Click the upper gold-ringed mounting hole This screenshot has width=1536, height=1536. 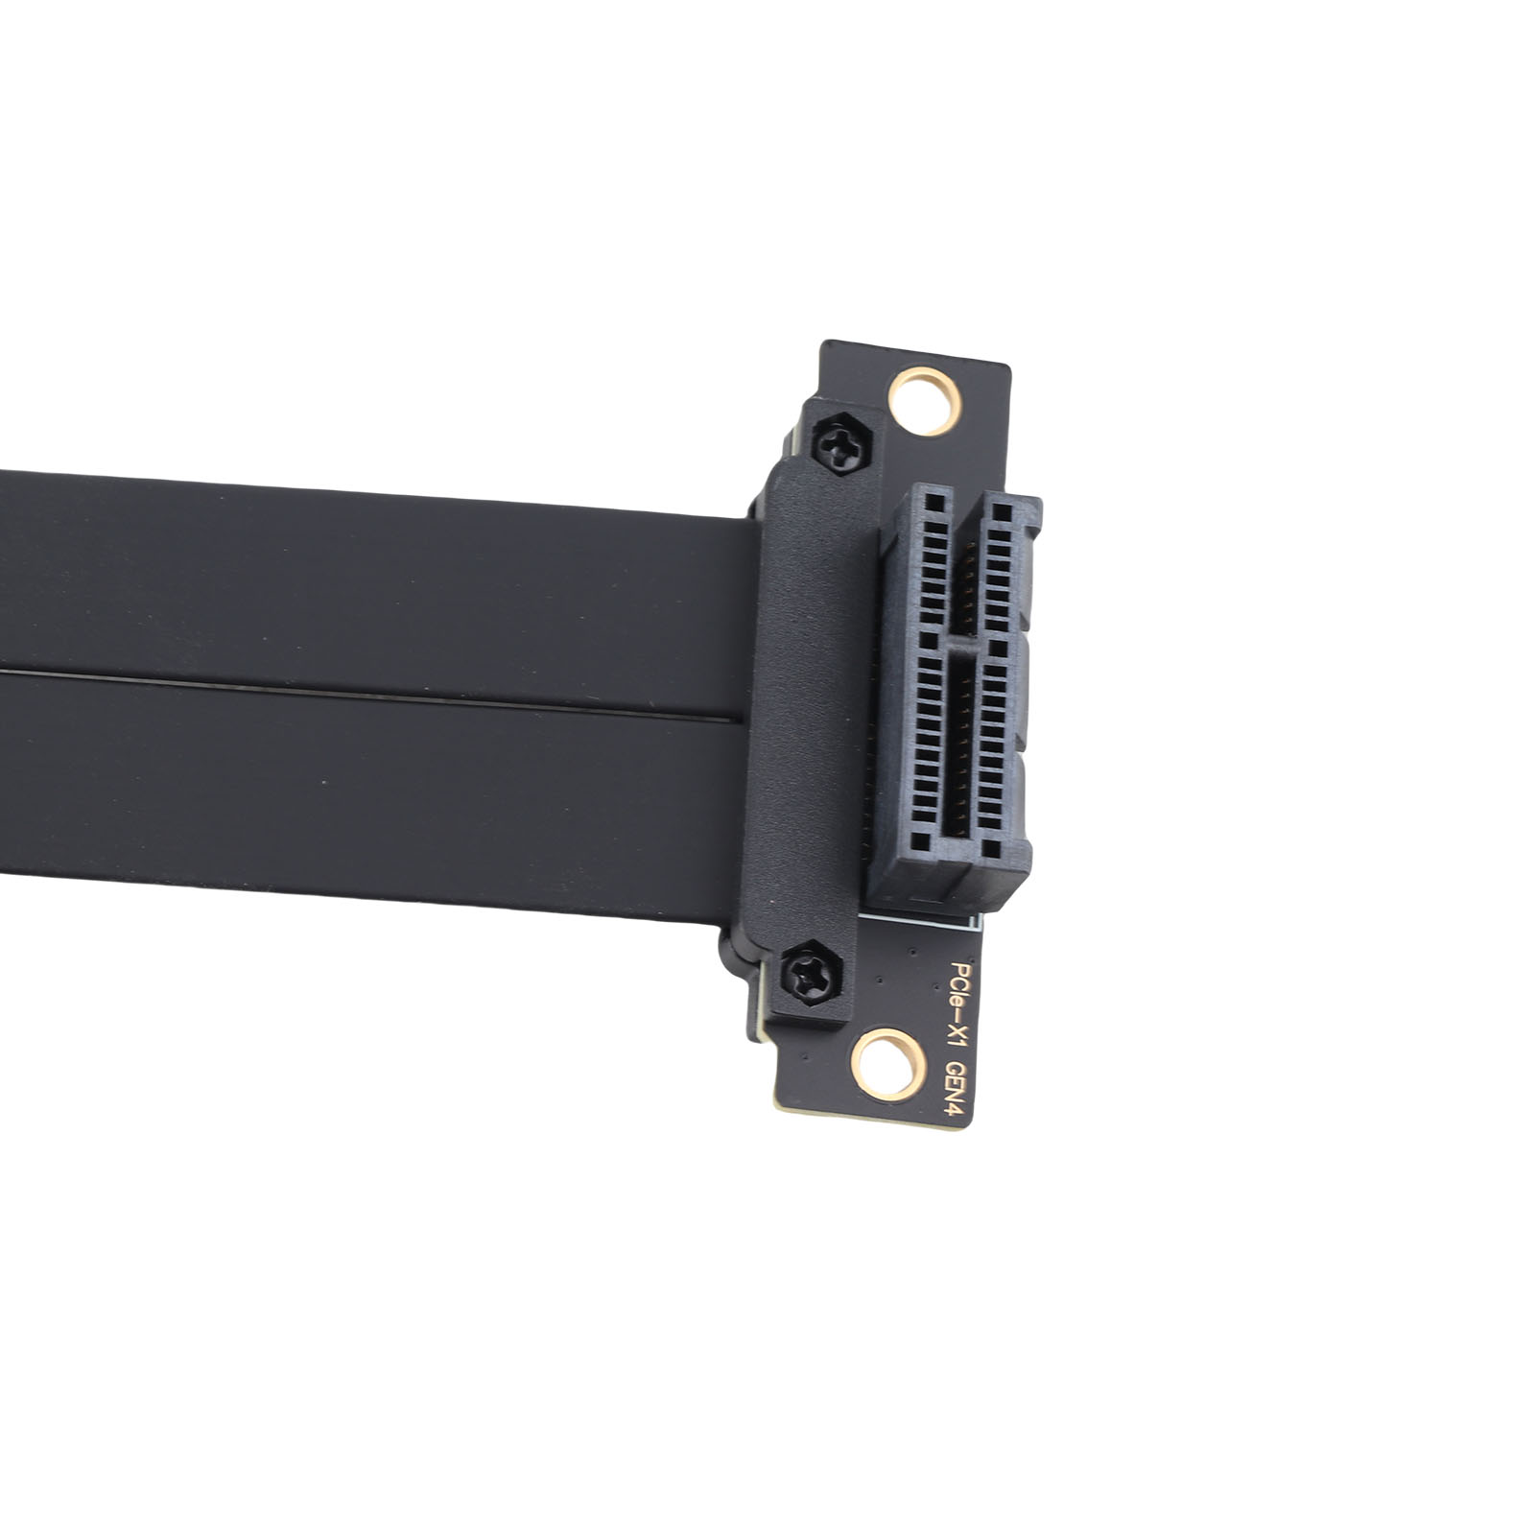[x=924, y=401]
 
